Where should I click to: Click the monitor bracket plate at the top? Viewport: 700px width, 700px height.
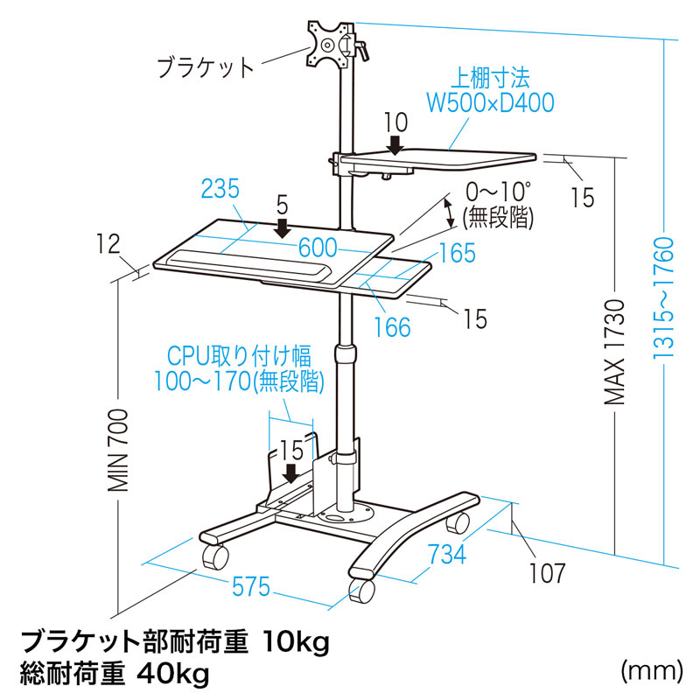(329, 45)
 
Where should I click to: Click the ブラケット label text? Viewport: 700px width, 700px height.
(206, 66)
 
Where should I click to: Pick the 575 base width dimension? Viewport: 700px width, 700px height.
(251, 589)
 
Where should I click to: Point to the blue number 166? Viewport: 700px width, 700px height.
(390, 326)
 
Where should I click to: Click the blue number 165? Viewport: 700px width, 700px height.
(457, 254)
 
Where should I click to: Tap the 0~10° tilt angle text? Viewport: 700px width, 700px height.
(500, 191)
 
